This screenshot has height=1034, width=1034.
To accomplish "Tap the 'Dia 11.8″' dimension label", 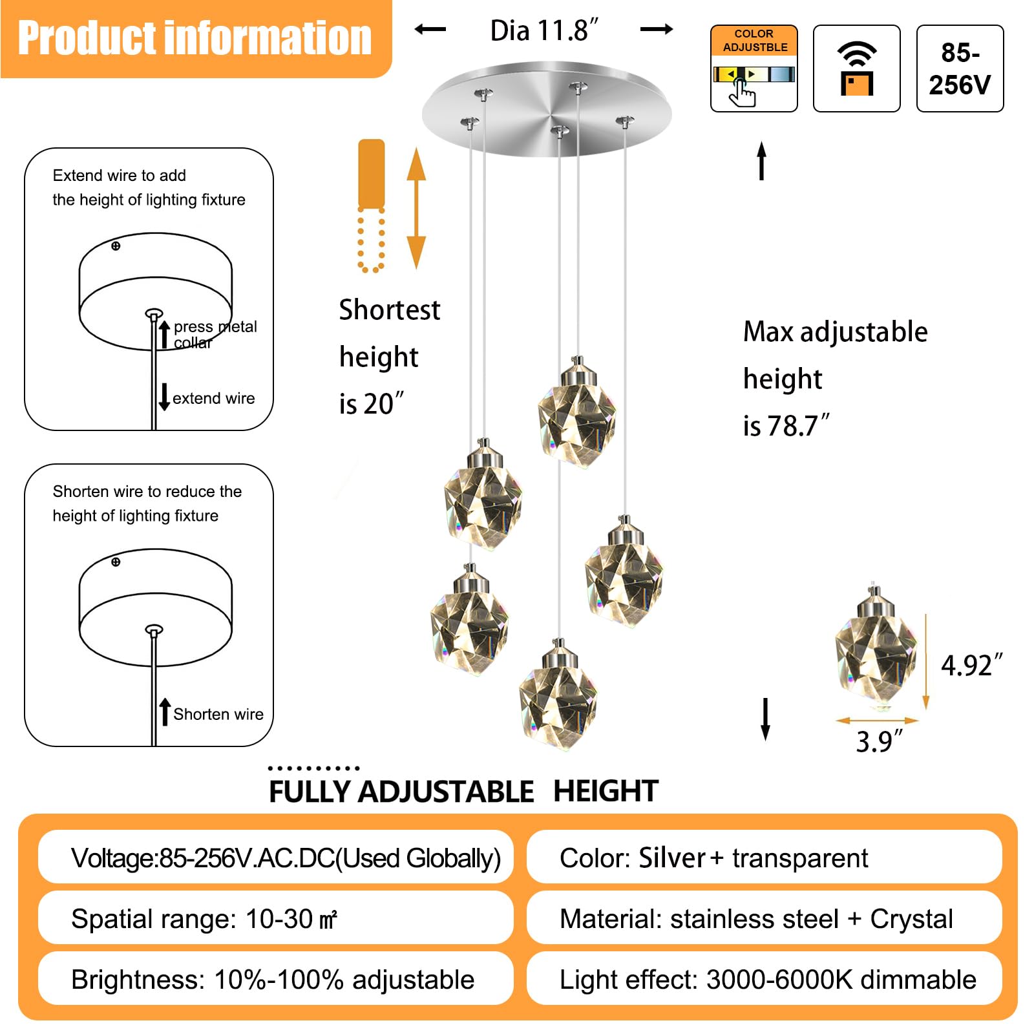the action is (x=544, y=30).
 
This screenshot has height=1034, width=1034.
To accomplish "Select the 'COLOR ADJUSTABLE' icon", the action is (x=754, y=69).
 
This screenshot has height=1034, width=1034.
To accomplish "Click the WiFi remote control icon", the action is (x=856, y=69).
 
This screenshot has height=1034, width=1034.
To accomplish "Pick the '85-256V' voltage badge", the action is (x=960, y=69).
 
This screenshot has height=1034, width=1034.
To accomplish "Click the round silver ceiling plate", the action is (x=547, y=109).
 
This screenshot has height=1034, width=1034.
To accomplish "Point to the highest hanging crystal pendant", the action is (x=577, y=414).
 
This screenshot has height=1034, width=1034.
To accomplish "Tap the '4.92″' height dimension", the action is (x=971, y=665).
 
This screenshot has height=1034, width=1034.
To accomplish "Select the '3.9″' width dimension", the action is (x=879, y=741).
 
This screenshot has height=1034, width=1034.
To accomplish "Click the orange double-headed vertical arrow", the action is (x=416, y=208).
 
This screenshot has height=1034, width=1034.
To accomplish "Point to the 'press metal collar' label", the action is (x=215, y=334).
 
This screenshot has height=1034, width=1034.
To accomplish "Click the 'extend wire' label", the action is (x=213, y=398).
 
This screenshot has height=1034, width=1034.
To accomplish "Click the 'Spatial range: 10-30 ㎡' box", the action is (x=275, y=918).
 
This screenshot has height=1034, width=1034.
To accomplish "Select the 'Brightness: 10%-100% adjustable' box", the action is (x=275, y=979).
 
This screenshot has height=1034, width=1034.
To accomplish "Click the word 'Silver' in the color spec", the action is (x=671, y=858).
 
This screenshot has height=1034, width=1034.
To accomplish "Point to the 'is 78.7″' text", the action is (x=786, y=426).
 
